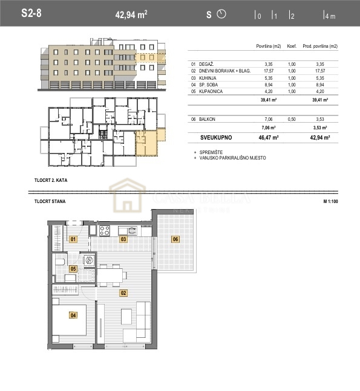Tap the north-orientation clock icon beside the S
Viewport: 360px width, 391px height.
tap(221, 14)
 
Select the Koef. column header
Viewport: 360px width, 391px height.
tap(292, 47)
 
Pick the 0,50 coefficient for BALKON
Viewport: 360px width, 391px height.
tap(292, 120)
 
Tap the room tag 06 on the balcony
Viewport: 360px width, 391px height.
tap(175, 239)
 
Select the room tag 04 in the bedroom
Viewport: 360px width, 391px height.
tap(73, 315)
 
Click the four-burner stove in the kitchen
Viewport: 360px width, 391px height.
tap(104, 230)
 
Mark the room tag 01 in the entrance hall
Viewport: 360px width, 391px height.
tap(73, 239)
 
